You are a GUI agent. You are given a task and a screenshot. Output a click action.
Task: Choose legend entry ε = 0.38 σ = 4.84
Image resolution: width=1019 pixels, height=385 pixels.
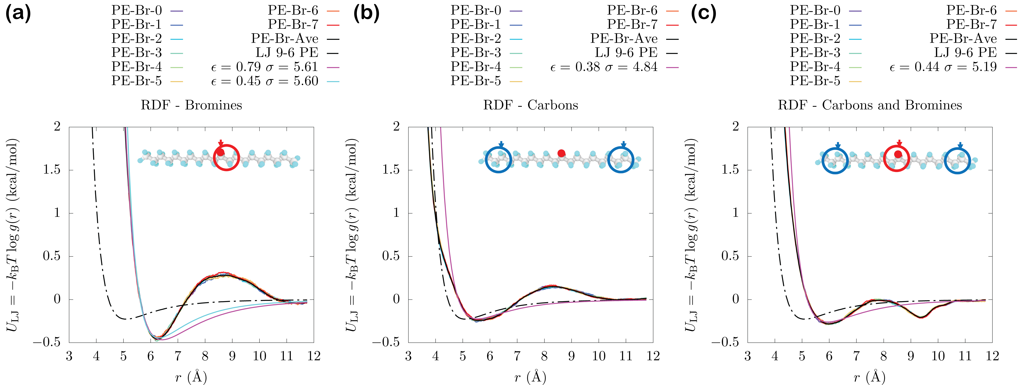pyautogui.click(x=604, y=67)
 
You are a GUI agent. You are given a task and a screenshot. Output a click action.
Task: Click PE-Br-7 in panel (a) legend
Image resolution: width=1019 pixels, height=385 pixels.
pyautogui.click(x=293, y=25)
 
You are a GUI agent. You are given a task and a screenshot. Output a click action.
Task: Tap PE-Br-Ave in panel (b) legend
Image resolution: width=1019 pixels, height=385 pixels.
pyautogui.click(x=624, y=39)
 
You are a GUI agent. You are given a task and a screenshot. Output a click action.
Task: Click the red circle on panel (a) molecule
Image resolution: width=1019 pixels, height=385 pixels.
pyautogui.click(x=227, y=157)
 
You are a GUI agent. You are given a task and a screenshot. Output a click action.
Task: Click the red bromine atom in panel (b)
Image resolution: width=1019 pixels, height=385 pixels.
pyautogui.click(x=561, y=153)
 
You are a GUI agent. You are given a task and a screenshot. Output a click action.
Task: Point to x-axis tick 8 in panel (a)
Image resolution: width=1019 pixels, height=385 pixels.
pyautogui.click(x=205, y=356)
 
